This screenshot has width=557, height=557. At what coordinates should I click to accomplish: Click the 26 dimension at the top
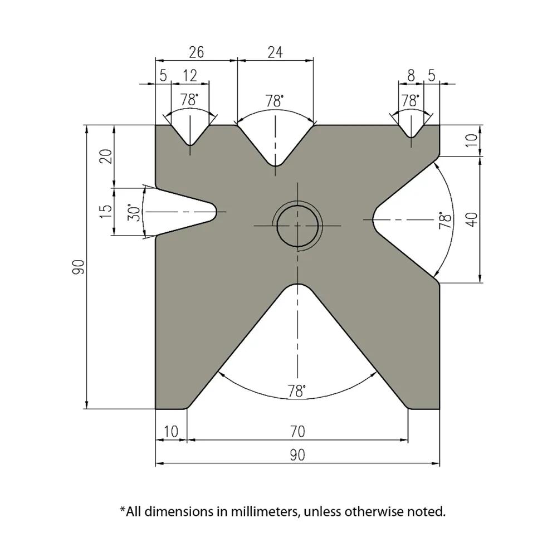[196, 52]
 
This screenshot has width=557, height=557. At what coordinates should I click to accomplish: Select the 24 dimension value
[275, 52]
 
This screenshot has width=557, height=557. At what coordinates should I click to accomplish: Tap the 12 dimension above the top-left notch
[190, 75]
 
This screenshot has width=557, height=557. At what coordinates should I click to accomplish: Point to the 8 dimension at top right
[411, 75]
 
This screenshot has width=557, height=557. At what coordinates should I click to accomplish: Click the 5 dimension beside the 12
[163, 75]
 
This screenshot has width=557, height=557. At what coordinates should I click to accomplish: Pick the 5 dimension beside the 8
[432, 75]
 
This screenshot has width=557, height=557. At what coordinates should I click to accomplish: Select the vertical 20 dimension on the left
[106, 156]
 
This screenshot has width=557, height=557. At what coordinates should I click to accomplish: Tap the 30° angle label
[134, 212]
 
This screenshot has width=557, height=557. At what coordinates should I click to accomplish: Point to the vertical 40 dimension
[472, 219]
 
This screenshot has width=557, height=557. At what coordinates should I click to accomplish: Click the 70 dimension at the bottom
[297, 431]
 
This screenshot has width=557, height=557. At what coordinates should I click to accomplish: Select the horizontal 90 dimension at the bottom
[297, 455]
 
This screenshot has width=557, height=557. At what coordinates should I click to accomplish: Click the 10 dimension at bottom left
[171, 431]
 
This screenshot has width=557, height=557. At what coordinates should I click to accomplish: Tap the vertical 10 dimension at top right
[472, 140]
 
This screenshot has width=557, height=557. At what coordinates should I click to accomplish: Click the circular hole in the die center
[298, 226]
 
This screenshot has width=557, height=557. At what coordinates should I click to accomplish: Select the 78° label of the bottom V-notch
[297, 391]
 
